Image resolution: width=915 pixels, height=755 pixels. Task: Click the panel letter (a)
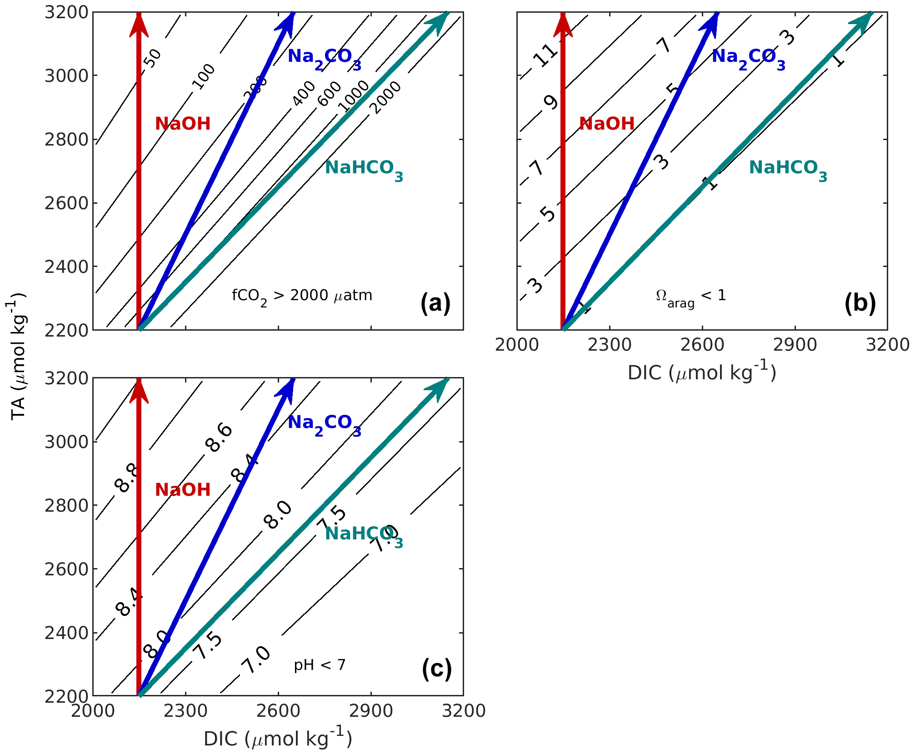click(435, 303)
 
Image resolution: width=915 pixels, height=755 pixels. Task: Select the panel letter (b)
click(860, 303)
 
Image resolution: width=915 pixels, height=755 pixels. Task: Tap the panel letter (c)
click(436, 669)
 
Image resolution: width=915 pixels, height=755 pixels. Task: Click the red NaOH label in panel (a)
click(183, 124)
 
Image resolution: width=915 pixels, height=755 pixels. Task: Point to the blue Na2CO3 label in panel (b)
click(748, 58)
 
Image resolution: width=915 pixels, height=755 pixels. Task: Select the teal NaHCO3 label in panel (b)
click(788, 169)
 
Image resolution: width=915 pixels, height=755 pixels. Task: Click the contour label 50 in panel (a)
click(154, 58)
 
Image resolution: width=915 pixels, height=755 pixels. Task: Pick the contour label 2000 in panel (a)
click(385, 97)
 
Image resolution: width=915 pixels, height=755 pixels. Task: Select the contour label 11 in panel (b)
click(545, 55)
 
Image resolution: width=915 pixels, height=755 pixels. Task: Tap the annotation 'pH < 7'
click(320, 665)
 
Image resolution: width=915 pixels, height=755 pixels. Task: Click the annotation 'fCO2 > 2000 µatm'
click(302, 297)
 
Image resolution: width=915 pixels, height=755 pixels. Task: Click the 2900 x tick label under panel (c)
click(370, 710)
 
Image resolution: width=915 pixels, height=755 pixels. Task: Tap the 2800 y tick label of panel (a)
click(66, 140)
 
